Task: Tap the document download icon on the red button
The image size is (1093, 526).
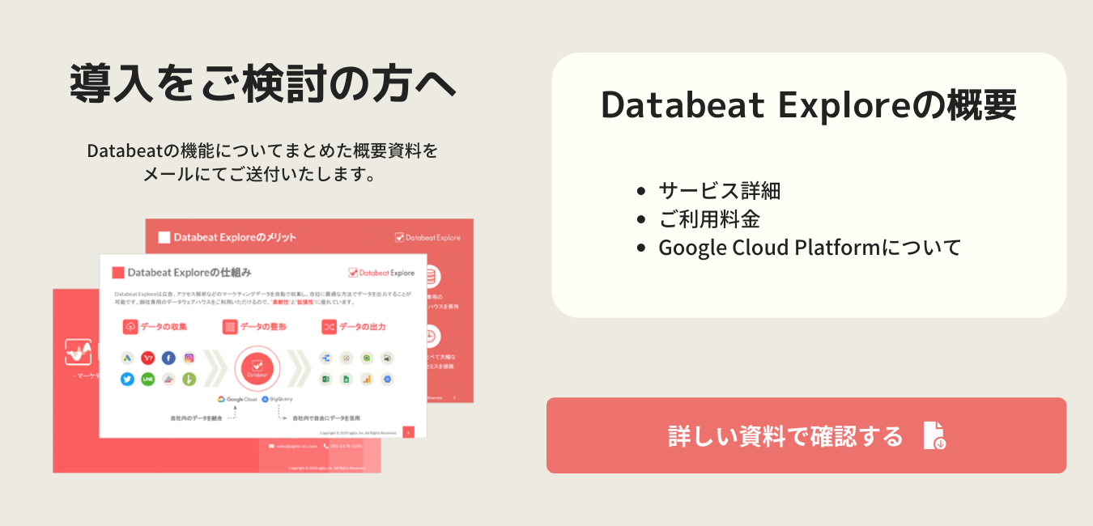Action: coord(934,435)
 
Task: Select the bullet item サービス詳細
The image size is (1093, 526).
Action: coord(719,191)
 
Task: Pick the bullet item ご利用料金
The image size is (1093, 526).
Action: coord(708,219)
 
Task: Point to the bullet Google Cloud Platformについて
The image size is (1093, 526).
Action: coord(809,248)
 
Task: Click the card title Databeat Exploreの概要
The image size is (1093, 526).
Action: coord(808,106)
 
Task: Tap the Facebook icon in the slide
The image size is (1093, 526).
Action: coord(168,358)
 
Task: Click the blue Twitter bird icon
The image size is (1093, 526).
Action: coord(127,379)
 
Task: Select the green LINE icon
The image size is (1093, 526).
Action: coord(147,379)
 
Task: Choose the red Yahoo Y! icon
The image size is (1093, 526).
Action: coord(147,358)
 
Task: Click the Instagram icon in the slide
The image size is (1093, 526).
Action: coord(189,358)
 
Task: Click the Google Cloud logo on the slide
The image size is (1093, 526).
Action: coord(236,399)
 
